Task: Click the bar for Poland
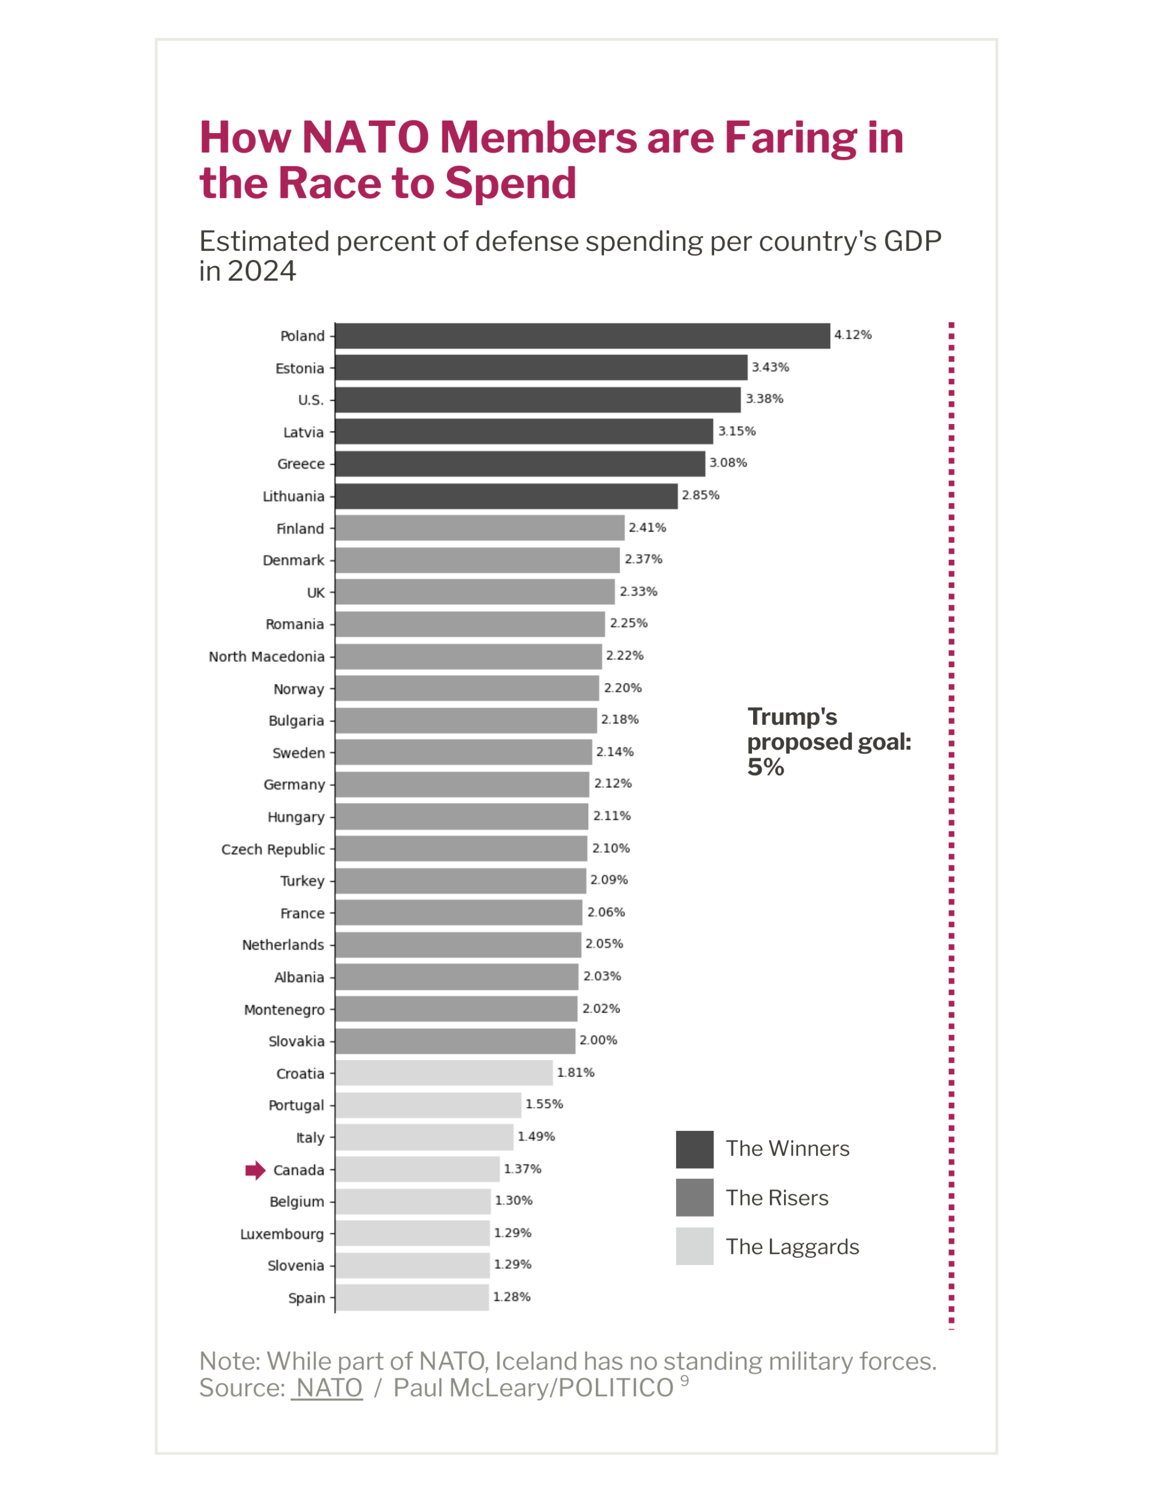[582, 336]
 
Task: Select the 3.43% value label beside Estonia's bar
[770, 367]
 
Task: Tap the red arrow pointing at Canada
[255, 1170]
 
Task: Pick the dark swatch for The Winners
[694, 1149]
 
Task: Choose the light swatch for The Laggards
[694, 1246]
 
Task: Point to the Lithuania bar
[506, 496]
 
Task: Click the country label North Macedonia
[266, 656]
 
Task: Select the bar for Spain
[412, 1298]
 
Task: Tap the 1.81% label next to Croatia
[575, 1073]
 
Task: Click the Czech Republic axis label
[273, 849]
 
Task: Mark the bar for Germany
[462, 784]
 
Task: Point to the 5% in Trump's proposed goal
[765, 767]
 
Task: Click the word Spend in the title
[511, 183]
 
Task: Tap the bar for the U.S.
[538, 400]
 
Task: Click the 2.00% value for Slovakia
[598, 1040]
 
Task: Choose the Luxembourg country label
[282, 1234]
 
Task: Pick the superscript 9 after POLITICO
[684, 1381]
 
